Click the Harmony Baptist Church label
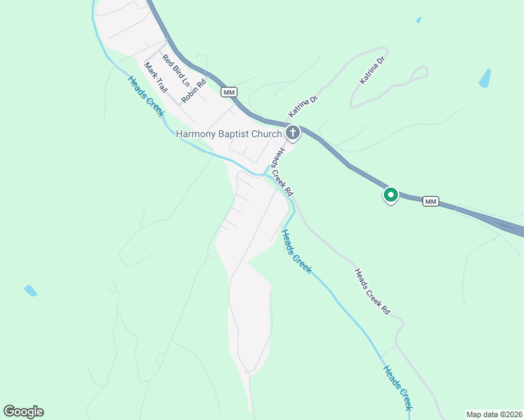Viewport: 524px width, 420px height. point(228,134)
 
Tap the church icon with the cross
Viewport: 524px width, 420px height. point(292,132)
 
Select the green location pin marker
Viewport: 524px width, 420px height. point(390,195)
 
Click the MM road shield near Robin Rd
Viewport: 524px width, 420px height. point(228,92)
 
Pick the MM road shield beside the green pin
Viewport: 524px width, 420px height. point(430,202)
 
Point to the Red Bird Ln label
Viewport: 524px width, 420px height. point(176,70)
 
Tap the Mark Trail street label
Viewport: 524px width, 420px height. point(156,78)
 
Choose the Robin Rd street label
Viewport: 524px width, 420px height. point(193,91)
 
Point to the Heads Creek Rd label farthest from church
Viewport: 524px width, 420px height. point(371,291)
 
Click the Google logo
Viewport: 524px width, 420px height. point(23,412)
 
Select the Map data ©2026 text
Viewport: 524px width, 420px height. point(494,414)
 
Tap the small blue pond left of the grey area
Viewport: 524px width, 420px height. point(30,290)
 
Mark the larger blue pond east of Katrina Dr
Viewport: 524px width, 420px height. point(485,78)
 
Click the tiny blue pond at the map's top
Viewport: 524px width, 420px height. point(419,20)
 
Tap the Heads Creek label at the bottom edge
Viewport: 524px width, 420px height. point(397,386)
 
